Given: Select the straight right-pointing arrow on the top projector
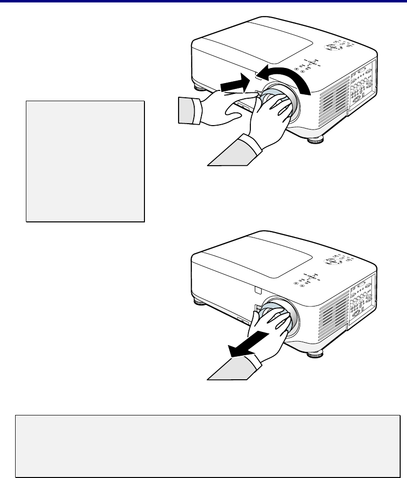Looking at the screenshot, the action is [x=233, y=86].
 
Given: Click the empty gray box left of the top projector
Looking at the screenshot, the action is [x=85, y=161].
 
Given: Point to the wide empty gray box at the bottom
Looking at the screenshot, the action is [x=207, y=446].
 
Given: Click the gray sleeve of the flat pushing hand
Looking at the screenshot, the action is [x=186, y=109].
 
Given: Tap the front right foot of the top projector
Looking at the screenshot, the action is [x=315, y=140].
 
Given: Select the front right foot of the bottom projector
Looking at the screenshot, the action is [x=315, y=354].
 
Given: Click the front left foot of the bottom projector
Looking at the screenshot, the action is [x=200, y=302].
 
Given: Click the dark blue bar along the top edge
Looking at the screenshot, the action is [x=203, y=1].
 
